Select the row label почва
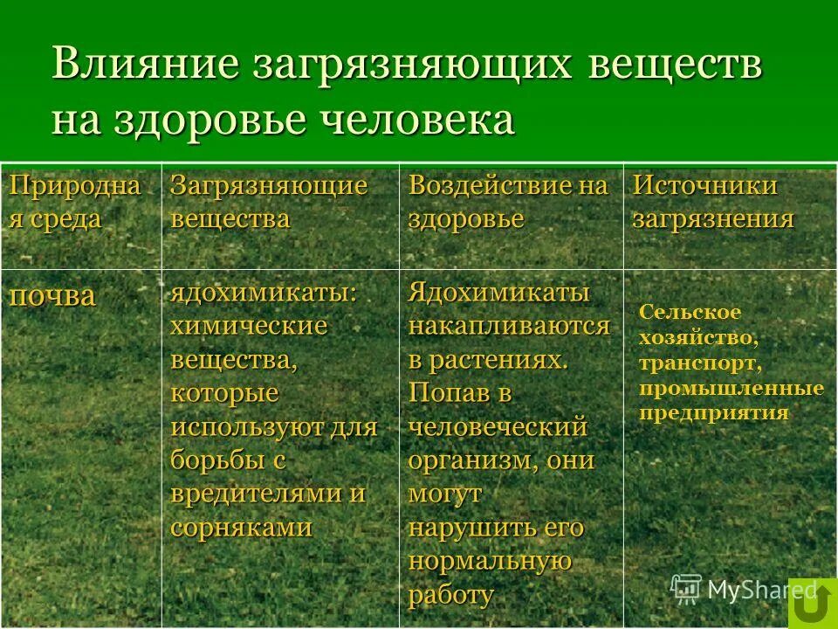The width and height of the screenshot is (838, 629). (x=52, y=295)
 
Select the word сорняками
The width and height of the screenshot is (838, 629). (x=242, y=527)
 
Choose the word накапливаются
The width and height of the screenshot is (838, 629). (x=509, y=327)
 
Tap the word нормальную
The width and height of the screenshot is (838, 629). (x=490, y=561)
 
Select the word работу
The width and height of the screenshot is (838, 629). (x=450, y=595)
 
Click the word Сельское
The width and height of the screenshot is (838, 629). (x=690, y=312)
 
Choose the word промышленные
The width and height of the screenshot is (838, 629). (x=732, y=387)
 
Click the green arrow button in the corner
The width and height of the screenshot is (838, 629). (x=813, y=603)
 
